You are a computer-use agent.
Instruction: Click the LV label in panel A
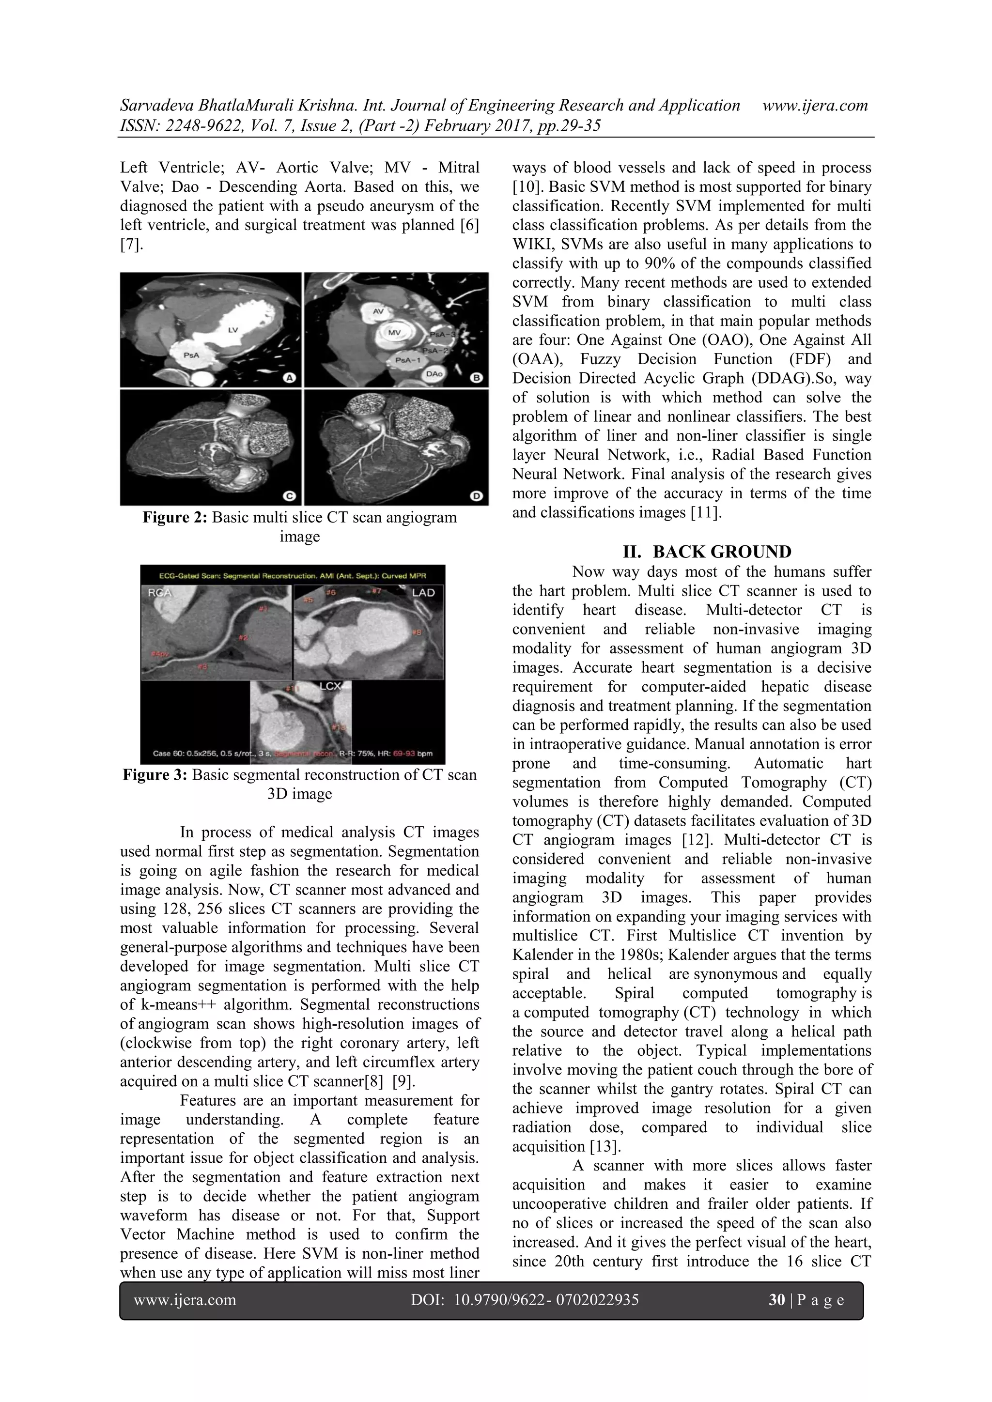pyautogui.click(x=232, y=329)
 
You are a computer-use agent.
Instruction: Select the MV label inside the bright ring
pyautogui.click(x=395, y=333)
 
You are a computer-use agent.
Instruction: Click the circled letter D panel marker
pyautogui.click(x=477, y=496)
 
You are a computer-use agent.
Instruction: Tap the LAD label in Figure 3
pyautogui.click(x=423, y=593)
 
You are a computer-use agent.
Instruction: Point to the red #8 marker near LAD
pyautogui.click(x=417, y=632)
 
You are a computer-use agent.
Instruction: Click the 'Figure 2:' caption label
pyautogui.click(x=174, y=518)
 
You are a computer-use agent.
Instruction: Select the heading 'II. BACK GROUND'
pyautogui.click(x=706, y=552)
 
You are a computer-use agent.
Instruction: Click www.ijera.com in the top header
pyautogui.click(x=815, y=106)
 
